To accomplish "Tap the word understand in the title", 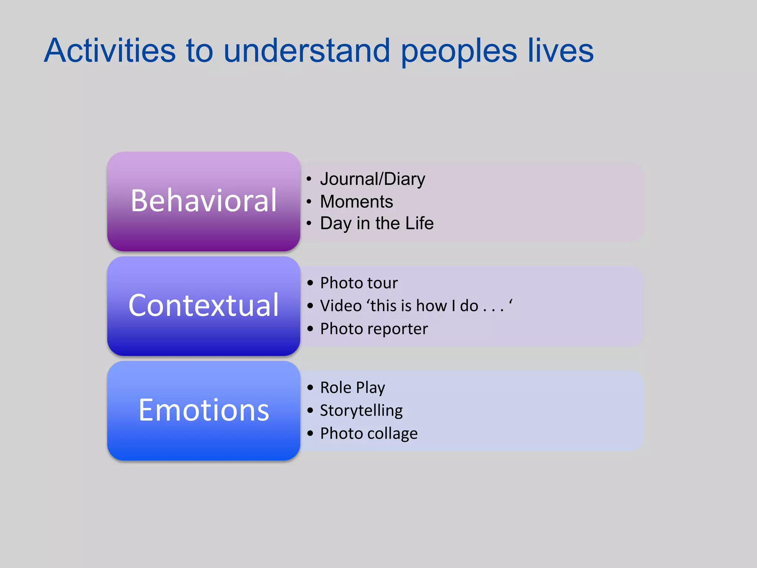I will point(306,51).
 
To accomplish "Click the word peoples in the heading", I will point(459,52).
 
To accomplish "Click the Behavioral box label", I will point(204,201).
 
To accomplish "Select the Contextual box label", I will point(204,305).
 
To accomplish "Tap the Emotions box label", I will point(204,410).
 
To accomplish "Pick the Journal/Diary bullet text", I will point(373,179).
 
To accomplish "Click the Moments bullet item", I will point(356,202).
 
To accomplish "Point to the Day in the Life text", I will point(377,223).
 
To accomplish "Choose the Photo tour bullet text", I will point(359,283).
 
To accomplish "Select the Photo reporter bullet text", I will point(374,329).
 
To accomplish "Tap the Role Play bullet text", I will point(352,388).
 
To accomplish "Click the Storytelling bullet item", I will point(361,410).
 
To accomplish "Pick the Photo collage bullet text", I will point(369,433).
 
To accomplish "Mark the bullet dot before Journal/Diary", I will point(309,179).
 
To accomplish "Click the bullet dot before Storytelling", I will point(310,410).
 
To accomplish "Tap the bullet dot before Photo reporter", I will point(310,328).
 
